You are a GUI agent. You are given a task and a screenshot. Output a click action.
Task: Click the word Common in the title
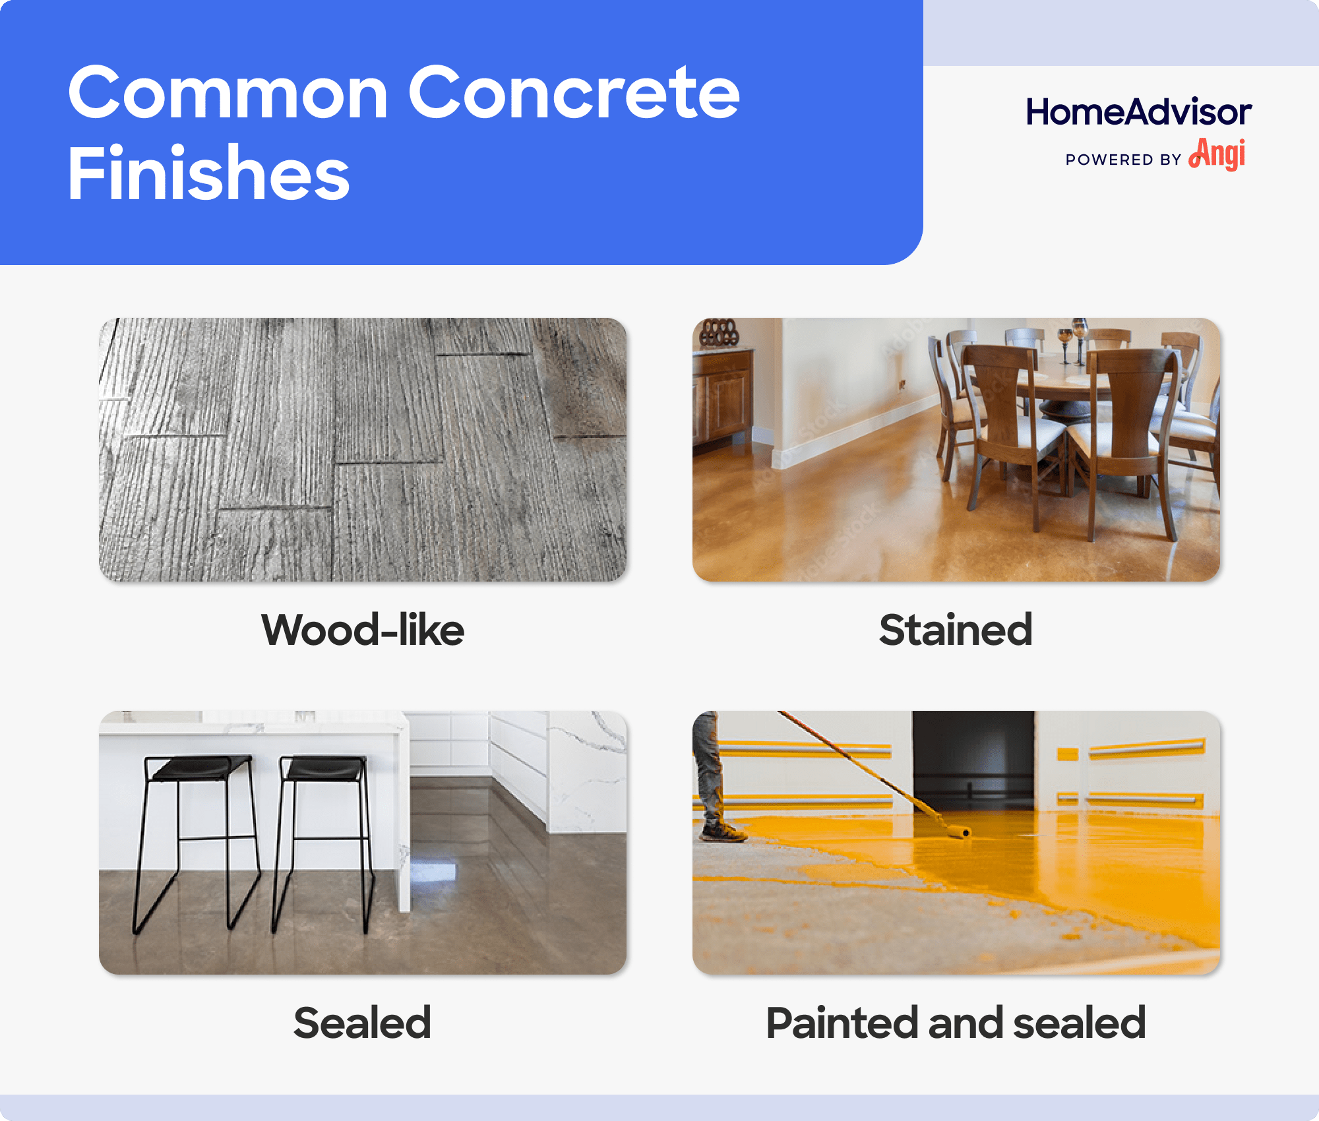228,94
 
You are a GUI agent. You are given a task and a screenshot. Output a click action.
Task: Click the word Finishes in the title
208,173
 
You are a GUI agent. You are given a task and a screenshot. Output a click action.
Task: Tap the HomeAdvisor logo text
1138,112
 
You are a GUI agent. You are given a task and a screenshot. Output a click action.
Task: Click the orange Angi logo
1217,154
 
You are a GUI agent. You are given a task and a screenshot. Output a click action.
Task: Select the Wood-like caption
363,630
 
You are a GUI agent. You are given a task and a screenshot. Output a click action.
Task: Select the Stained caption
956,630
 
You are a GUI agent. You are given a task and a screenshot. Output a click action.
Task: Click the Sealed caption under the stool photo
363,1023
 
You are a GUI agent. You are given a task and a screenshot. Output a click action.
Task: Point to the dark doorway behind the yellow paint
973,758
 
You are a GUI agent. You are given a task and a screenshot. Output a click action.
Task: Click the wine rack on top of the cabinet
719,332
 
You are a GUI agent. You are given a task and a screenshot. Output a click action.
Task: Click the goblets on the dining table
1072,336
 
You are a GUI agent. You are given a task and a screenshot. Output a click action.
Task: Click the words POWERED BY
1123,160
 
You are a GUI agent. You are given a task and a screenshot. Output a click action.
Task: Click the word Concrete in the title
574,94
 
